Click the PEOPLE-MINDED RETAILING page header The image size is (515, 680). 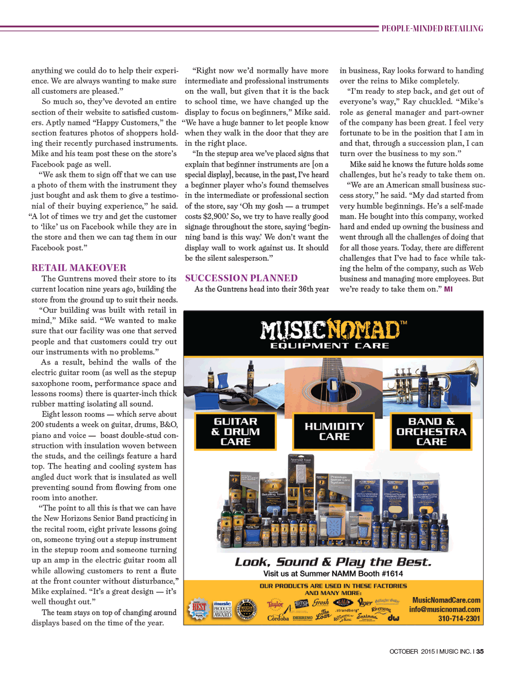tap(432, 29)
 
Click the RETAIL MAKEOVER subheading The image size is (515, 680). tap(79, 268)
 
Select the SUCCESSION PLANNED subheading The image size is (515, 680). tap(241, 278)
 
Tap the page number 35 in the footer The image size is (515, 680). tap(480, 651)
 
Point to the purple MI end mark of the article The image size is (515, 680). tap(449, 289)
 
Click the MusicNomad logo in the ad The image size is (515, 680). tap(333, 334)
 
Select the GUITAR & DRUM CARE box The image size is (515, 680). tap(235, 432)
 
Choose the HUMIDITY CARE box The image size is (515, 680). tap(334, 432)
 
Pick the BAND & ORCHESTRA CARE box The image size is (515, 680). tap(431, 432)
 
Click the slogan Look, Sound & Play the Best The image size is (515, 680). tap(333, 561)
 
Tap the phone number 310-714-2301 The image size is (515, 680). tap(459, 619)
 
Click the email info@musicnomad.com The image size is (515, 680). tap(444, 609)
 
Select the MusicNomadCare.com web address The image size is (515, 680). tap(446, 600)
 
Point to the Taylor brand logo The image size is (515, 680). tap(275, 604)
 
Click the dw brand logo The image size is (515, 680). tap(393, 617)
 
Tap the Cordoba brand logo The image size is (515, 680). tap(278, 618)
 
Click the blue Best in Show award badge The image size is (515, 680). tap(198, 609)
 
